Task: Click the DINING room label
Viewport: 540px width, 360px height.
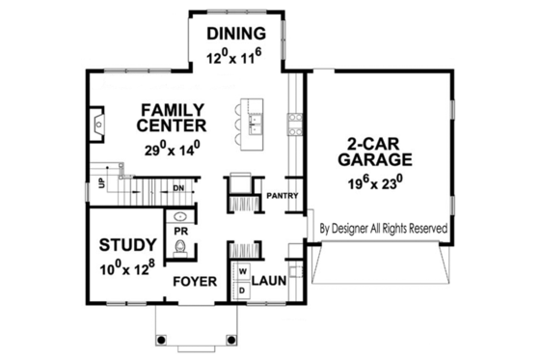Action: point(235,36)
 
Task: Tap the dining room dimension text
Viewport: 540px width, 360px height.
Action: point(235,57)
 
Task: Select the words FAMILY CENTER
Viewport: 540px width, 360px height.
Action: point(171,116)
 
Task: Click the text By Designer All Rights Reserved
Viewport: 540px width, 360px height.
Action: point(382,229)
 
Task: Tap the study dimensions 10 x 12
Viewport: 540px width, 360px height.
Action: point(127,270)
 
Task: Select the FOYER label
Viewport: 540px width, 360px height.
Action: point(193,282)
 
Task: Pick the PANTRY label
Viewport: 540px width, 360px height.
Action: point(282,197)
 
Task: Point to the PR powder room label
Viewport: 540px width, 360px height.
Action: point(179,233)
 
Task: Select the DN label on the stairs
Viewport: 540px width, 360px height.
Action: point(178,187)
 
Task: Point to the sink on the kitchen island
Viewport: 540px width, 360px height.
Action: point(254,123)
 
